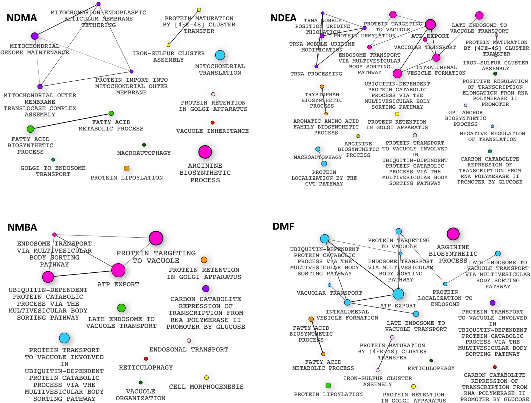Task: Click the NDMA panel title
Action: (22, 18)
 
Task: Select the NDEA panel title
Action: (283, 18)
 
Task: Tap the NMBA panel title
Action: (22, 227)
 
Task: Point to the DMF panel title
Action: (283, 226)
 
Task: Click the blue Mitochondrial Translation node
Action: (220, 55)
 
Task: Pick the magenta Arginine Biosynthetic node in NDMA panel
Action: (205, 152)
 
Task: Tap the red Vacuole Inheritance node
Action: (212, 122)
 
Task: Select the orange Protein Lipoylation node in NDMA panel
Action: (126, 168)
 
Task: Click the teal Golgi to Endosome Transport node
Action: (53, 160)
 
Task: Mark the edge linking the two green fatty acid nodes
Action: (71, 121)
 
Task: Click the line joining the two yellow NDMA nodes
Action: (184, 27)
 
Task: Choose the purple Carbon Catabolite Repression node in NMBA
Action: (206, 289)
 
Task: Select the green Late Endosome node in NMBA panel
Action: (121, 308)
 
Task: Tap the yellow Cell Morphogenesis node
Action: (206, 377)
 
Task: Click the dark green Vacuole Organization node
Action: (140, 382)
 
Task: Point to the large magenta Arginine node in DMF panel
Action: (453, 234)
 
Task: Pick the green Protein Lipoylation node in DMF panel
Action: (328, 385)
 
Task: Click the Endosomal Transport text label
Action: (189, 349)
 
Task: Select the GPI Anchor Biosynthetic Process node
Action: (465, 105)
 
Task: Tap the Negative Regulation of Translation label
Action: (492, 136)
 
